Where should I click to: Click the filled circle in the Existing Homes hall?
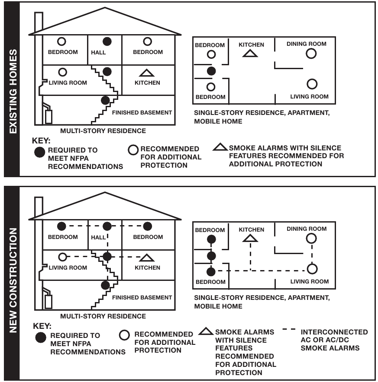107,41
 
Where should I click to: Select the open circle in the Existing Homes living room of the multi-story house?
62,72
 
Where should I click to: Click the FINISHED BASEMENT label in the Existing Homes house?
142,112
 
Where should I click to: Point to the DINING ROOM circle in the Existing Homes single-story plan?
310,54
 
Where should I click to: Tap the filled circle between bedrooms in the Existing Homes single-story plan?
211,70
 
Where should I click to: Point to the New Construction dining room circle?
310,238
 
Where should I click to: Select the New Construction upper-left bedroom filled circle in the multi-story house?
62,226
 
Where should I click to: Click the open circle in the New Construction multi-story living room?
62,257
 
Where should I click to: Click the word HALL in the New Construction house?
99,237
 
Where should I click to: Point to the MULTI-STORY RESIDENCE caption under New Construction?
103,316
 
